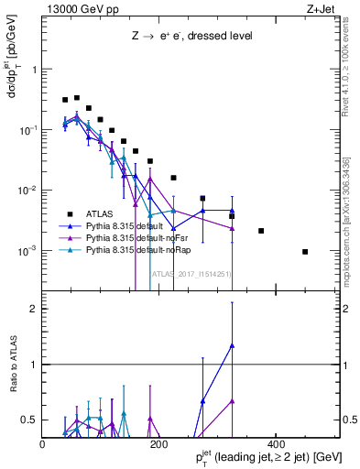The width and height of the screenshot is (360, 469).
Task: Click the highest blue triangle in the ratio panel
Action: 233,345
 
